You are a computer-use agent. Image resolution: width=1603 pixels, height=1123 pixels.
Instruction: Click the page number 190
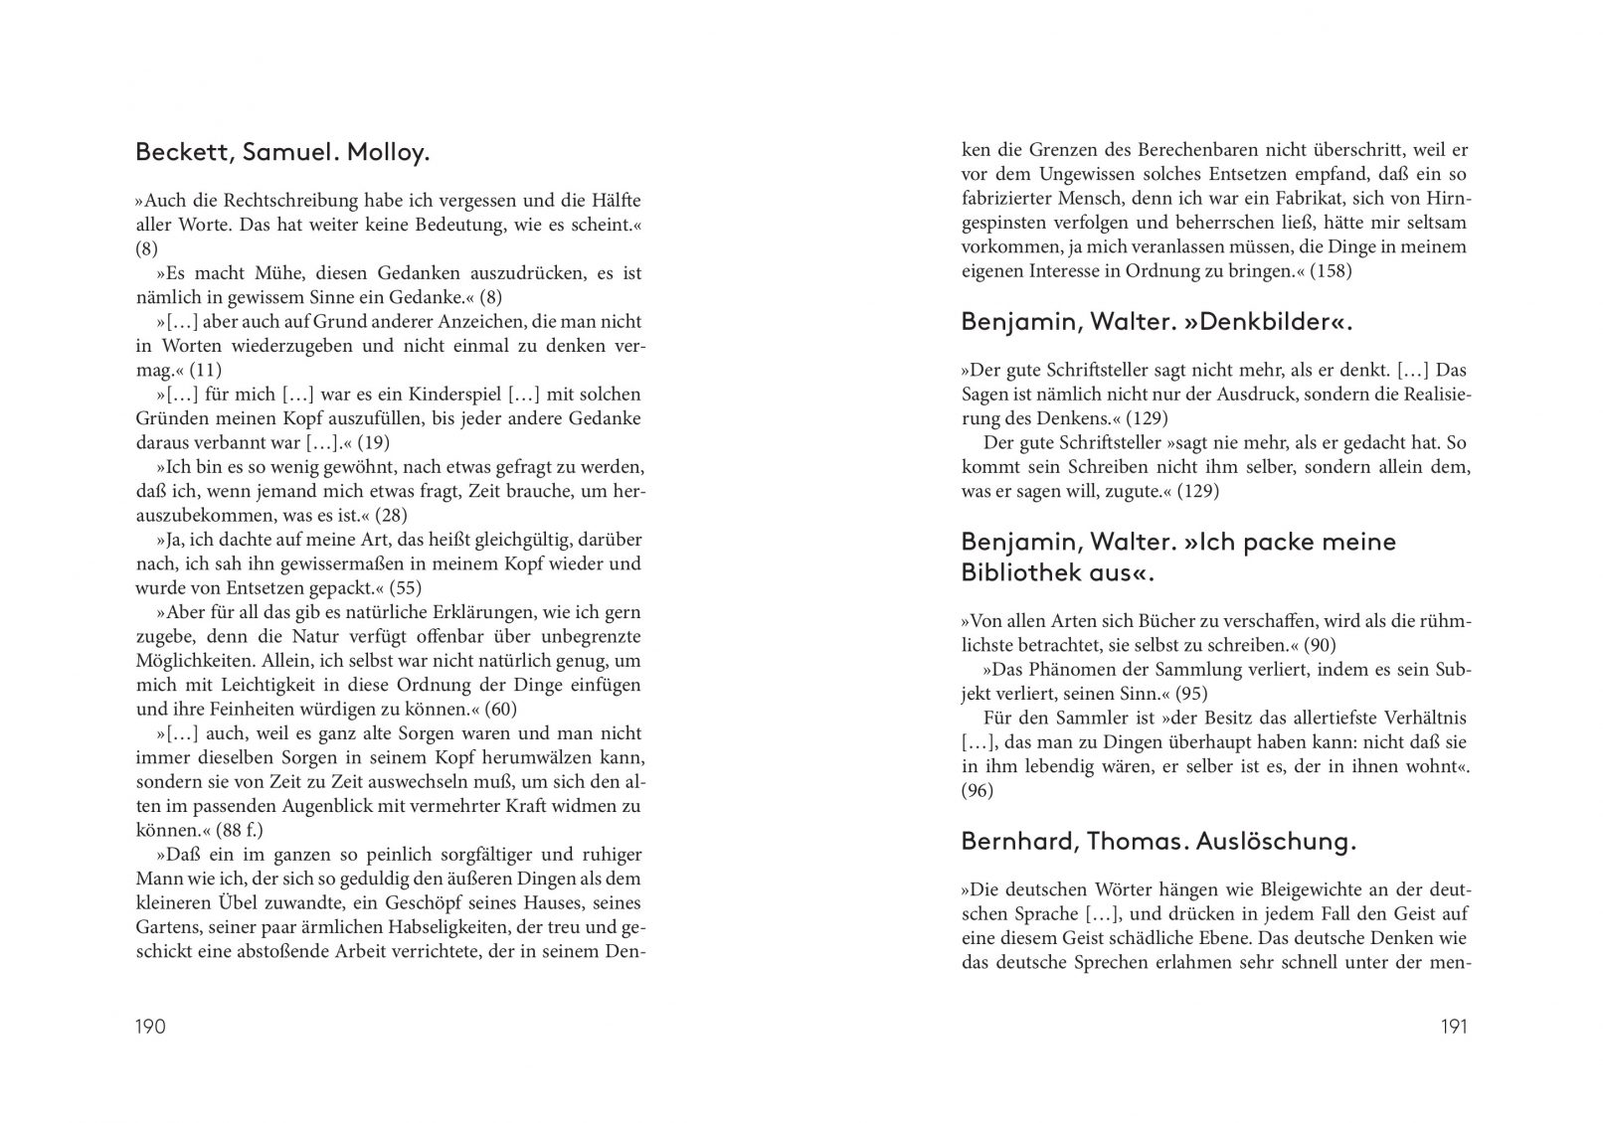click(x=150, y=1027)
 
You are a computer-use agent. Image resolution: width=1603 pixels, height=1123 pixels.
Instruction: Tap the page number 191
click(x=1454, y=1027)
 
